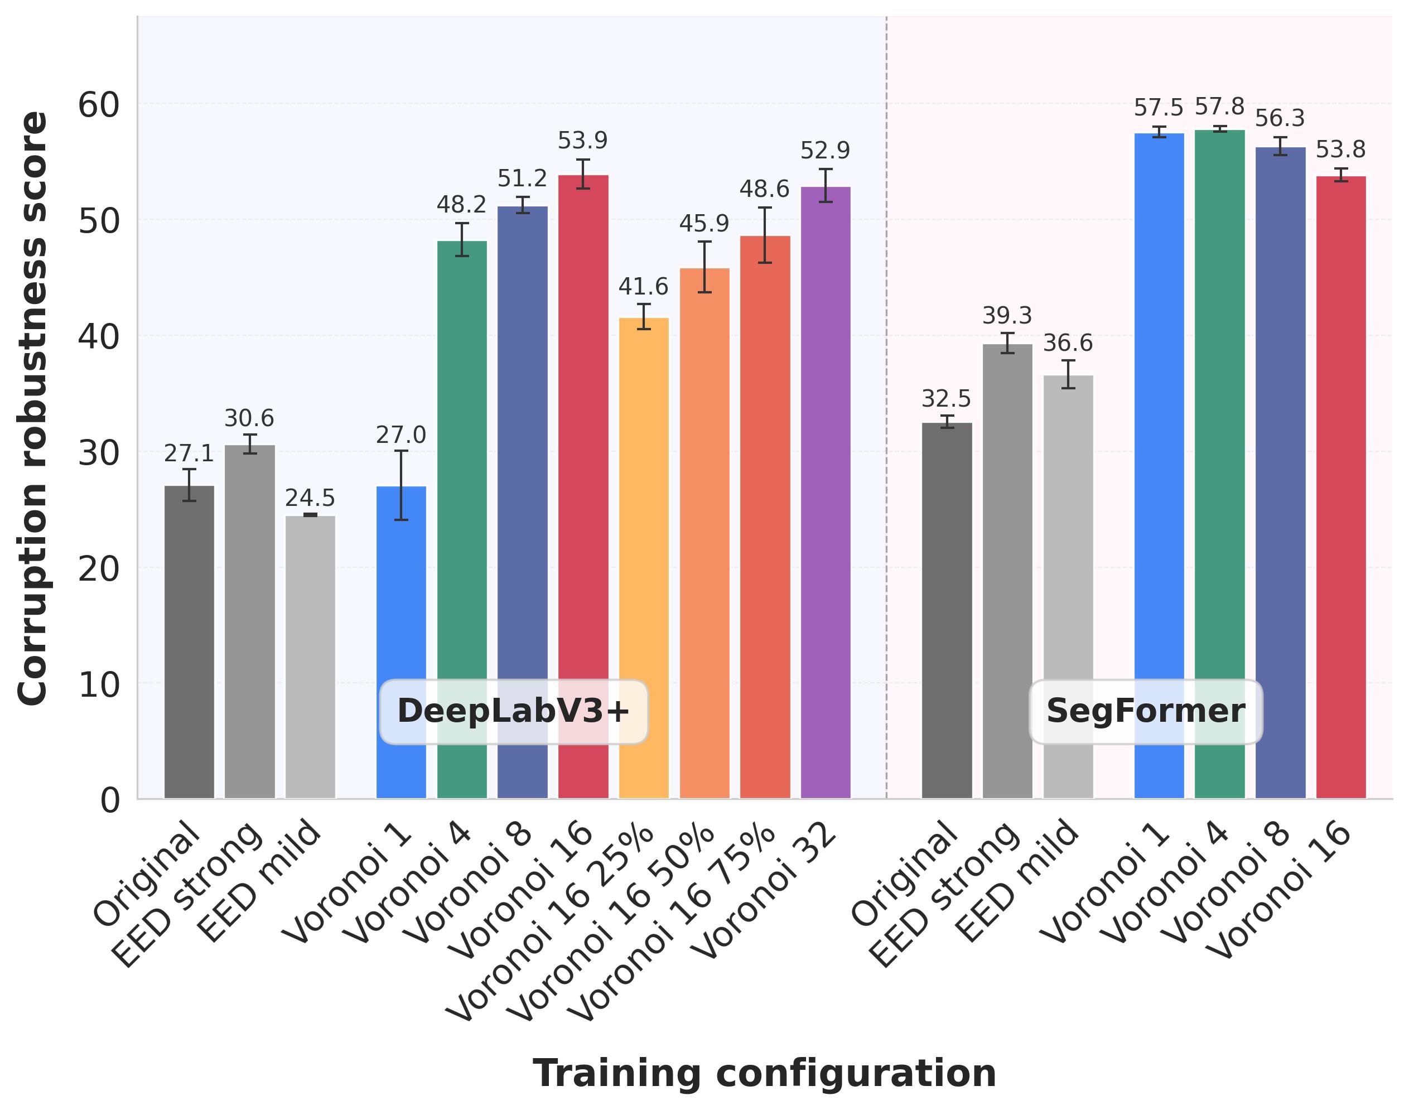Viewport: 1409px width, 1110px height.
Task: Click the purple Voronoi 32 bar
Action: (826, 494)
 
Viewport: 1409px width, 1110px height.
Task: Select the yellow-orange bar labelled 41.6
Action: (643, 559)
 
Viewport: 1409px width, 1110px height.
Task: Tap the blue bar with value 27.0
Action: (402, 643)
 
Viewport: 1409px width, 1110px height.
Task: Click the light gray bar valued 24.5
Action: (311, 657)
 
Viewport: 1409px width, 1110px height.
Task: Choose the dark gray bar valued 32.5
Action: (947, 611)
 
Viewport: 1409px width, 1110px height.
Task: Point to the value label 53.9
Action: (582, 141)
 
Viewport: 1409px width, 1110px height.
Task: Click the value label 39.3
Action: (1007, 316)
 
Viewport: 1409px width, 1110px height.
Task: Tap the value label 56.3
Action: (1280, 119)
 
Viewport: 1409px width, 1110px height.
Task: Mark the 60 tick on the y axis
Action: (99, 105)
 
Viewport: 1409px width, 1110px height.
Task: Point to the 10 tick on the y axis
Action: (99, 685)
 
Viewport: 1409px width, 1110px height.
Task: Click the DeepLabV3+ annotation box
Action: (513, 712)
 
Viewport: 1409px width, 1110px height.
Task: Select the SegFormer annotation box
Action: (1145, 712)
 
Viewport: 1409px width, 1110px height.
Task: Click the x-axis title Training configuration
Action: (764, 1074)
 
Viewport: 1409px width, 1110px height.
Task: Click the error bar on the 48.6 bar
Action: (765, 235)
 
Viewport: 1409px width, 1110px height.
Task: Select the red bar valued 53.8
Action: (1341, 488)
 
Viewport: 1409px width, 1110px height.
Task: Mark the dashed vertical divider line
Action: (886, 390)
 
